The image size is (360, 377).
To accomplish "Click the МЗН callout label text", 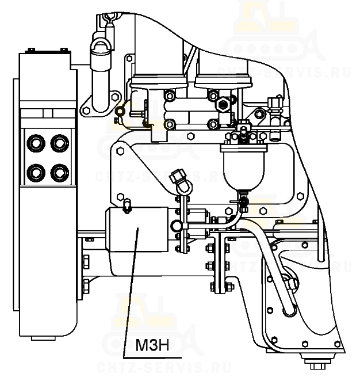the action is click(152, 345).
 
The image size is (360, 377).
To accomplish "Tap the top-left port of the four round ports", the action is click(36, 143).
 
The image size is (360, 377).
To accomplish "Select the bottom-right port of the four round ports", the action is click(60, 173).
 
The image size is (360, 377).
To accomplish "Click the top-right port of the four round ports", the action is click(60, 143).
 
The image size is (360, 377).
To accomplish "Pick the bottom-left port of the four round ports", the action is click(36, 173).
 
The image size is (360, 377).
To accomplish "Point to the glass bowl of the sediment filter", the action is click(243, 171).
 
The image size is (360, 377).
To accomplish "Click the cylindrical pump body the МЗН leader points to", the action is click(137, 229).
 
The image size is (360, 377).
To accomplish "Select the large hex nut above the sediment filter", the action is click(223, 104).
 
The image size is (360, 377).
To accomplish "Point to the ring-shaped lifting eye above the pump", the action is click(184, 185).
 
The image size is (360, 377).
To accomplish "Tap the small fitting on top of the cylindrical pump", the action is click(127, 206).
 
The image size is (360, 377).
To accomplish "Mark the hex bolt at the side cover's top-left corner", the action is click(120, 151).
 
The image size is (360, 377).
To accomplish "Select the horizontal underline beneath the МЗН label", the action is click(152, 356).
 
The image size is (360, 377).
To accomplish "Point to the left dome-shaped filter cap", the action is click(159, 81).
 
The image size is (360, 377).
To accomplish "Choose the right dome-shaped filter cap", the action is click(223, 81).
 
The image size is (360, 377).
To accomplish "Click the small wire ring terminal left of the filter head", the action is click(120, 111).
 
